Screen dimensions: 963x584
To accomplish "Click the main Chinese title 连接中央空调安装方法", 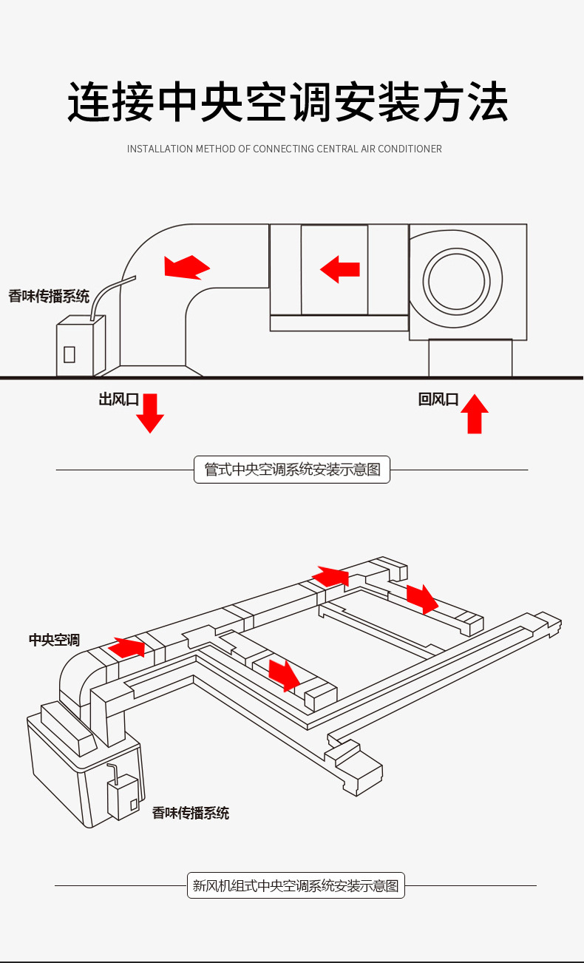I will tap(288, 102).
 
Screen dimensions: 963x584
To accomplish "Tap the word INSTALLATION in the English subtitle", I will tap(159, 149).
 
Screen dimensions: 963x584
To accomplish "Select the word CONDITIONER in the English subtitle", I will tap(410, 149).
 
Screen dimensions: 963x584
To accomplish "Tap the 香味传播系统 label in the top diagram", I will tap(49, 297).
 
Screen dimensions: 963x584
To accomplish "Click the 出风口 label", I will tap(118, 399).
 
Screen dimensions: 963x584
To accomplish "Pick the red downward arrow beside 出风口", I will tap(150, 413).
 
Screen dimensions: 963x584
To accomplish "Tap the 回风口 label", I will tap(438, 399).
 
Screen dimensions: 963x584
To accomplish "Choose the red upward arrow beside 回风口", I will tap(475, 413).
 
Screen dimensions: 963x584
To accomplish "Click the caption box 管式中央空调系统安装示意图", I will tap(292, 470).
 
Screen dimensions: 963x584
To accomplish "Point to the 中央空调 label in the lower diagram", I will tap(54, 640).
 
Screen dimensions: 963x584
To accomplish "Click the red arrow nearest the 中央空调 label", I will tap(126, 647).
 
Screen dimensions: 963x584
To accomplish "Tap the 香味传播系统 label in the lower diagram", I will tap(191, 813).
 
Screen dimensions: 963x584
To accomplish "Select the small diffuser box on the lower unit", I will tap(123, 797).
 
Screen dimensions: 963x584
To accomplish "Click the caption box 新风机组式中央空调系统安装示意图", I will tap(296, 885).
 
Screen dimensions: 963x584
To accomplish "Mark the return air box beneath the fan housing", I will tap(470, 358).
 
